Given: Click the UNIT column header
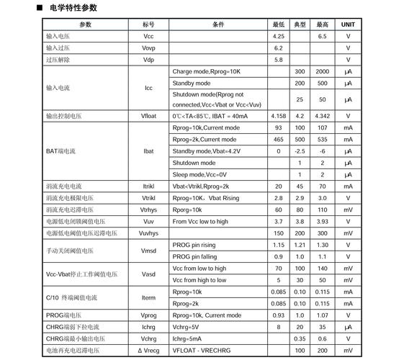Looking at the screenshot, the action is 348,24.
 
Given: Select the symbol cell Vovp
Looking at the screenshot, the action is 148,48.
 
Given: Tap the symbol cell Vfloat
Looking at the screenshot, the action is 148,116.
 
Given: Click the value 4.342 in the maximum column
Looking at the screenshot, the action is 323,116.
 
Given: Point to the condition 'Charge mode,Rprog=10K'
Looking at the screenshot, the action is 206,71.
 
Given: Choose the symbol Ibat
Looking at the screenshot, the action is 148,151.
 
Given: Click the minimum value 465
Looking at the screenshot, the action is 279,139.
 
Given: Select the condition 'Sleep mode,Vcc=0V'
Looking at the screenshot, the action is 199,174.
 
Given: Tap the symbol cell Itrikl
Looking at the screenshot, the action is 148,186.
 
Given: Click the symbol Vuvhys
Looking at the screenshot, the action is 148,233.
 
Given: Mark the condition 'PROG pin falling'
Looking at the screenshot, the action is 194,256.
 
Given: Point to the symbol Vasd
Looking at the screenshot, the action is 148,274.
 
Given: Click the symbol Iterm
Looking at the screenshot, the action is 148,297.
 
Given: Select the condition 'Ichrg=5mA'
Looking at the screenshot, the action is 187,338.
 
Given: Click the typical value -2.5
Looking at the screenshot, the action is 300,151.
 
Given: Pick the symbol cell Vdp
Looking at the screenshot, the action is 148,59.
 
